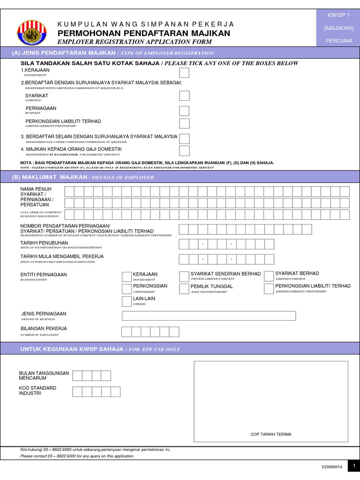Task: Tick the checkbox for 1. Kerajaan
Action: [x=185, y=72]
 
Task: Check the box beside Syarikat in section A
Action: [x=185, y=96]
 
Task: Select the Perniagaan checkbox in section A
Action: [x=185, y=111]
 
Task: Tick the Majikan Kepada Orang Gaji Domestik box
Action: [x=185, y=150]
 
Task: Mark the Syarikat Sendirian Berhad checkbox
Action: [x=184, y=276]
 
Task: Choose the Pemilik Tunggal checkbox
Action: [x=184, y=289]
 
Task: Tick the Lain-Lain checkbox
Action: [x=126, y=301]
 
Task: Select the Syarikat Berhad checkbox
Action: [x=269, y=276]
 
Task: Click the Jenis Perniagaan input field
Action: [x=209, y=315]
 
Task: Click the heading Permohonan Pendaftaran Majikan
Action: [x=144, y=33]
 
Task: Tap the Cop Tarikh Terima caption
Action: [x=271, y=435]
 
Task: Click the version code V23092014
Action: [x=332, y=467]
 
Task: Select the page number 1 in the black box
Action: [x=354, y=466]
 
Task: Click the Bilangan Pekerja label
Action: [x=44, y=328]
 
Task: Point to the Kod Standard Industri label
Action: [x=37, y=391]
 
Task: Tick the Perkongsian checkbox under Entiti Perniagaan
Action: [x=126, y=289]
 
